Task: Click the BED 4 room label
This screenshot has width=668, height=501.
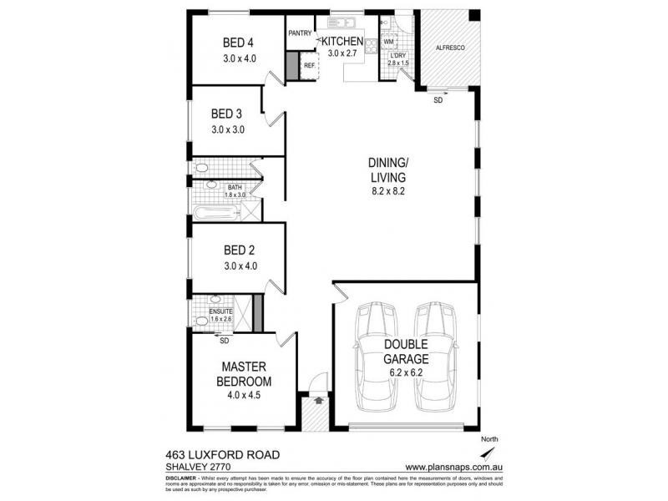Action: coord(238,43)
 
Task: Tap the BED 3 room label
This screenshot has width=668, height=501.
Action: coord(226,114)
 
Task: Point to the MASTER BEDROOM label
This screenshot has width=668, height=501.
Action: coord(243,374)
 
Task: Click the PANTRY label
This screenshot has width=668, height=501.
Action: coord(300,34)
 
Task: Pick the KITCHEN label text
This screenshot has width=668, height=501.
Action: coord(342,41)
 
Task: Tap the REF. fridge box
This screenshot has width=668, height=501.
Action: coord(309,65)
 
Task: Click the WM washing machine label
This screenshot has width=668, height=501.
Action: coord(389,41)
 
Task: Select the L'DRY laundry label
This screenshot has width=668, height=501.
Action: coord(397,55)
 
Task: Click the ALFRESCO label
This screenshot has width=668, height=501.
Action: coord(450,48)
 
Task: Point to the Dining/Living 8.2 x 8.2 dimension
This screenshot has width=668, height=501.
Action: coord(387,191)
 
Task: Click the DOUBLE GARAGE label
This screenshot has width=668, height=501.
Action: coord(406,352)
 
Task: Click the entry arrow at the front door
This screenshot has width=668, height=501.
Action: coord(319,400)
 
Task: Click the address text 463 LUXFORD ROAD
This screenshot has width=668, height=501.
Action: coord(221,455)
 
